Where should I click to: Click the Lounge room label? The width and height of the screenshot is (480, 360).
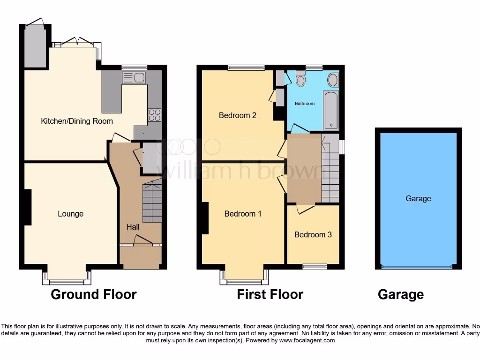pyautogui.click(x=70, y=214)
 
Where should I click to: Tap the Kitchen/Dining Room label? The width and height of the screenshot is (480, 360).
pyautogui.click(x=77, y=121)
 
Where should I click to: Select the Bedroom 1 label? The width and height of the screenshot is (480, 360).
pyautogui.click(x=243, y=214)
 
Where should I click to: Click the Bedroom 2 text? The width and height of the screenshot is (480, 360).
pyautogui.click(x=238, y=115)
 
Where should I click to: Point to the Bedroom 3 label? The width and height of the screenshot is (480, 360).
pyautogui.click(x=313, y=234)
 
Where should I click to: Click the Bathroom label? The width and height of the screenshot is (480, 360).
pyautogui.click(x=304, y=103)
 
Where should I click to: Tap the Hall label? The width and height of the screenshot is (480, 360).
pyautogui.click(x=133, y=227)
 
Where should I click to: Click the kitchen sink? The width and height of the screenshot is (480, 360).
pyautogui.click(x=134, y=77)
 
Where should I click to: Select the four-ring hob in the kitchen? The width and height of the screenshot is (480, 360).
pyautogui.click(x=154, y=115)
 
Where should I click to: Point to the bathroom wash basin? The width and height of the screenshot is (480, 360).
pyautogui.click(x=333, y=80)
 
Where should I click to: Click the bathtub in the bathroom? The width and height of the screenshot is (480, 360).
pyautogui.click(x=330, y=110)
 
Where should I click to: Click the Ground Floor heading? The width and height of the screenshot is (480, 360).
pyautogui.click(x=93, y=294)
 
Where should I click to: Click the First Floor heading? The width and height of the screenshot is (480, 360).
pyautogui.click(x=270, y=294)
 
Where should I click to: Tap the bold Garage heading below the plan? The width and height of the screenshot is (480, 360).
pyautogui.click(x=400, y=294)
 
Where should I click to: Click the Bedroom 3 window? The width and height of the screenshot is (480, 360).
pyautogui.click(x=315, y=266)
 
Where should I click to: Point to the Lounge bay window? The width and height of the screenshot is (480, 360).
pyautogui.click(x=66, y=282)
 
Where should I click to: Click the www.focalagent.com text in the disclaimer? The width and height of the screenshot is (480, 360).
pyautogui.click(x=307, y=340)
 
